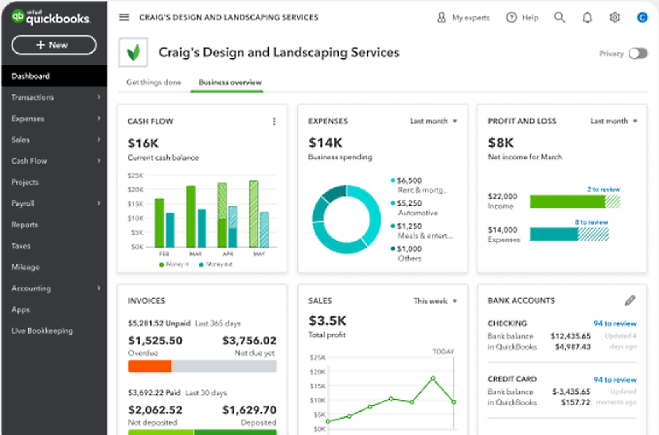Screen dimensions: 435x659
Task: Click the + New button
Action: click(x=54, y=45)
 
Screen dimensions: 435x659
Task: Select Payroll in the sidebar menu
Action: click(x=23, y=203)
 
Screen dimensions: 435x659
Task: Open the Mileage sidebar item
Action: click(x=26, y=267)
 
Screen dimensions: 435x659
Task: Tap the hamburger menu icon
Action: click(x=124, y=17)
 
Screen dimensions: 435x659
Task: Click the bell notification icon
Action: click(x=587, y=17)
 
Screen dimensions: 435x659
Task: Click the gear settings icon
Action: click(x=615, y=17)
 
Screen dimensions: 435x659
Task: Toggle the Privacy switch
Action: click(x=638, y=54)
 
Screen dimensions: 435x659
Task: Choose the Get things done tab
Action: click(x=154, y=82)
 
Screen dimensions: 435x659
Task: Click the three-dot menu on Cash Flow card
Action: click(x=274, y=121)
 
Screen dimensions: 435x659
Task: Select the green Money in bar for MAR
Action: click(x=191, y=216)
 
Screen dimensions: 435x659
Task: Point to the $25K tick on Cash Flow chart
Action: click(x=135, y=175)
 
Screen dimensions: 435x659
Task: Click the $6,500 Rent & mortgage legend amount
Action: click(x=409, y=180)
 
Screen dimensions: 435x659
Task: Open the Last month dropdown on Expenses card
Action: click(x=433, y=121)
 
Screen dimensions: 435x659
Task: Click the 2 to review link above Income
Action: click(x=603, y=189)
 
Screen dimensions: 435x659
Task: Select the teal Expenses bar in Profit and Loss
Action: click(x=554, y=234)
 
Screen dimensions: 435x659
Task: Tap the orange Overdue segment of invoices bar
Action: click(x=150, y=366)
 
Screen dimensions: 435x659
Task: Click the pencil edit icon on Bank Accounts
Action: click(x=630, y=300)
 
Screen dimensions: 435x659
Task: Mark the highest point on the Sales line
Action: click(x=433, y=378)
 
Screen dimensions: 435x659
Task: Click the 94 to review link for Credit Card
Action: click(x=615, y=379)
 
